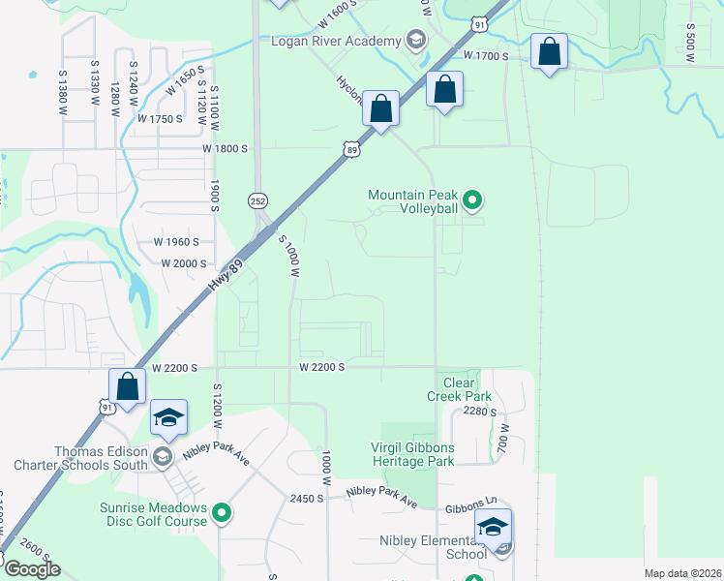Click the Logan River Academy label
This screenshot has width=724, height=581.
(x=336, y=41)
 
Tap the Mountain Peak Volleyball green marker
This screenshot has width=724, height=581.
(x=473, y=201)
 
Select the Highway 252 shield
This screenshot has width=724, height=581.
(x=257, y=199)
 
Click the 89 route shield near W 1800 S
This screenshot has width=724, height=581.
(x=351, y=148)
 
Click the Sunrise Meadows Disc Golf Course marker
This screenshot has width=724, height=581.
(x=223, y=513)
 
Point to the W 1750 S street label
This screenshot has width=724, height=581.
(x=160, y=119)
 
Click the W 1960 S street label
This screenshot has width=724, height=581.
(x=176, y=242)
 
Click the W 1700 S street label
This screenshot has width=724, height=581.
(x=486, y=56)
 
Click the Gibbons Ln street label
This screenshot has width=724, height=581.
(x=471, y=506)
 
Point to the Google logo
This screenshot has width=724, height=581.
(x=32, y=568)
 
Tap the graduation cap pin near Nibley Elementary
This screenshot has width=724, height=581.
(x=493, y=528)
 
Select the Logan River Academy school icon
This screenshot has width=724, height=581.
(x=416, y=40)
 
